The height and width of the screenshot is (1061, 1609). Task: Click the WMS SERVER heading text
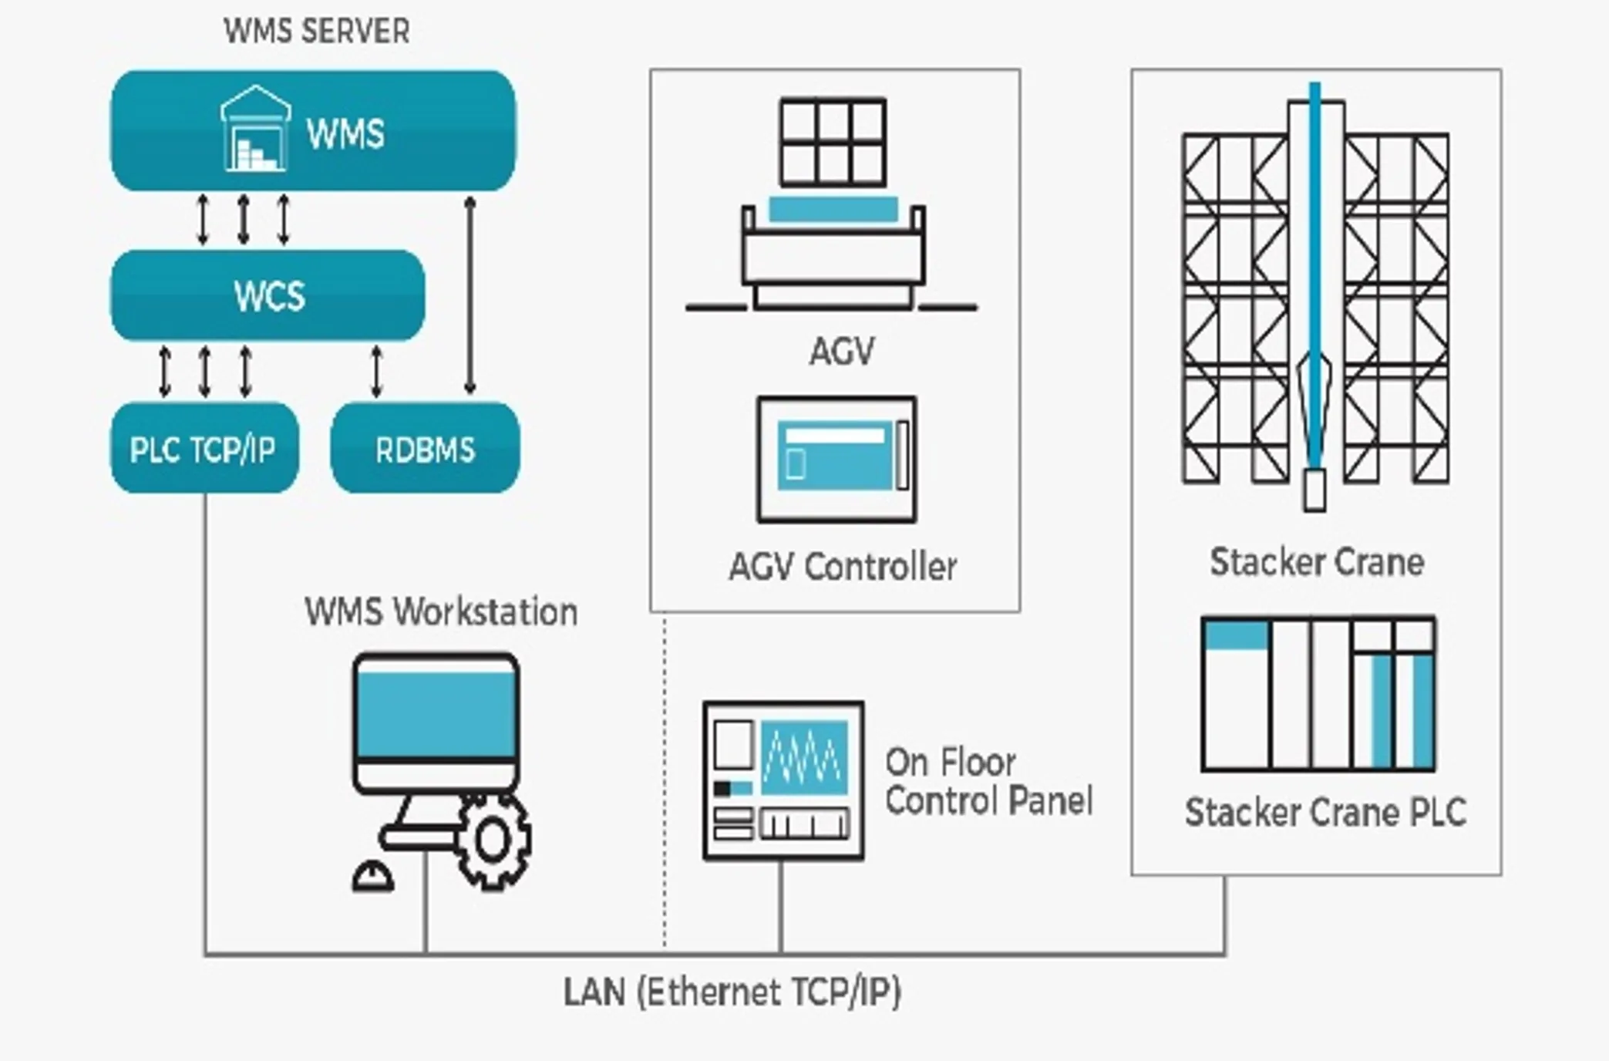pyautogui.click(x=317, y=32)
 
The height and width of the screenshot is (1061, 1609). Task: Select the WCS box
pyautogui.click(x=268, y=295)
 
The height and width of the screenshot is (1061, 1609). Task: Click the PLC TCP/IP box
pyautogui.click(x=204, y=448)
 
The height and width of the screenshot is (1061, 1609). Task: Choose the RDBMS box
pyautogui.click(x=425, y=448)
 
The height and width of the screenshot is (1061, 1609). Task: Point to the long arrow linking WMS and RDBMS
pyautogui.click(x=470, y=295)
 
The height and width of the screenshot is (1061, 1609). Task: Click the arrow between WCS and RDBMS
pyautogui.click(x=376, y=372)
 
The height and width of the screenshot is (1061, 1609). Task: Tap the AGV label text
pyautogui.click(x=842, y=352)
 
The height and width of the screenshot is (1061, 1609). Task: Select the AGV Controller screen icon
pyautogui.click(x=837, y=460)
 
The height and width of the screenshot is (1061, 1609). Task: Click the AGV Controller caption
pyautogui.click(x=843, y=568)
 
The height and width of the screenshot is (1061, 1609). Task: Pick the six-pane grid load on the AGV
pyautogui.click(x=833, y=142)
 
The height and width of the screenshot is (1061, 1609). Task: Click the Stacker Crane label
pyautogui.click(x=1317, y=562)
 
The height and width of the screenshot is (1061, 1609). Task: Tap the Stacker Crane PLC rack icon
pyautogui.click(x=1318, y=694)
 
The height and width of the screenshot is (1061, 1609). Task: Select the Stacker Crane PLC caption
pyautogui.click(x=1325, y=813)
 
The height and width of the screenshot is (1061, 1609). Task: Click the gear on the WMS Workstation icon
pyautogui.click(x=493, y=841)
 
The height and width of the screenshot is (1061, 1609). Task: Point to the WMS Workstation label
pyautogui.click(x=441, y=612)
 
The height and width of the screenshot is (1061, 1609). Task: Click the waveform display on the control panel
pyautogui.click(x=804, y=757)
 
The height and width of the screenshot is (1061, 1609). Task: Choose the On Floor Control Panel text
pyautogui.click(x=988, y=781)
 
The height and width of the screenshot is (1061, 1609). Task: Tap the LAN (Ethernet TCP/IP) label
pyautogui.click(x=732, y=992)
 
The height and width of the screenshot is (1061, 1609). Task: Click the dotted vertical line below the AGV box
pyautogui.click(x=665, y=779)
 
